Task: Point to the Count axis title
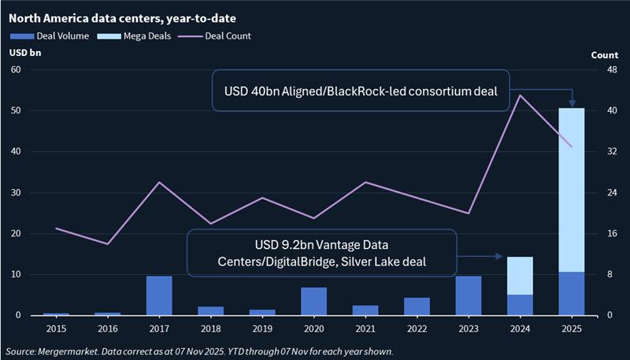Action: tap(603, 55)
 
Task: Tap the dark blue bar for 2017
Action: tap(159, 295)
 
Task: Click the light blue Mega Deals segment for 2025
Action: tap(572, 189)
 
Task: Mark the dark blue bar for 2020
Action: tap(314, 302)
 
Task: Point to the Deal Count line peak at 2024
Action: tap(520, 95)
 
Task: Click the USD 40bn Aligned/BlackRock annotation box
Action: tap(360, 91)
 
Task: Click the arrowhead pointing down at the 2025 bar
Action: tap(573, 103)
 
